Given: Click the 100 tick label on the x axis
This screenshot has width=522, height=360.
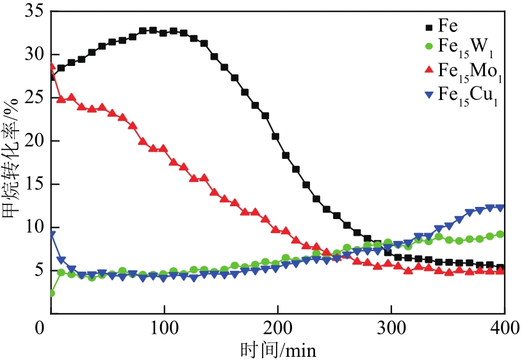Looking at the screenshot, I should tap(164, 328).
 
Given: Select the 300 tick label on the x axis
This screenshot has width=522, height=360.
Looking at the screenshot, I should tap(391, 328).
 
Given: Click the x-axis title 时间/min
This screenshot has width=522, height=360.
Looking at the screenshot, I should tap(278, 349).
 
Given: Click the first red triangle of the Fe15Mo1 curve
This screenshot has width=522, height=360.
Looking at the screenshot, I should tap(51, 66).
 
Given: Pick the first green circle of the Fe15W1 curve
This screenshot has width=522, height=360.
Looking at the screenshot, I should tap(51, 293).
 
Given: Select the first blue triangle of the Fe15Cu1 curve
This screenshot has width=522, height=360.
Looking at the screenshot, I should tap(51, 234).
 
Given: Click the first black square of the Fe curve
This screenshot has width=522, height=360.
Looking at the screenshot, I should tap(51, 76).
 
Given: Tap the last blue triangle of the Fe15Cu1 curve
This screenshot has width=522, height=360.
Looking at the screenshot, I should tap(501, 208).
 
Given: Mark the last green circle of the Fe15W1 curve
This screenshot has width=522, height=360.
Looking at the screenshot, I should tap(500, 234).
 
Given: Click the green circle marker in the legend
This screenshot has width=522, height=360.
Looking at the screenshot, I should tap(427, 46).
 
